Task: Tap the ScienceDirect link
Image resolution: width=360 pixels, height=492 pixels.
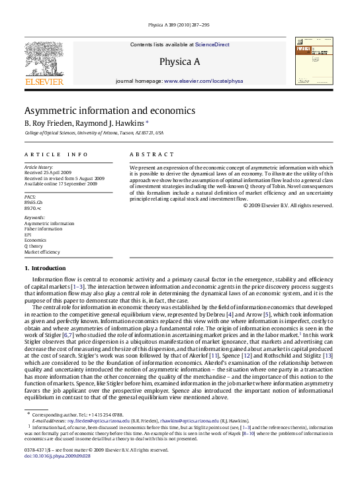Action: [212, 44]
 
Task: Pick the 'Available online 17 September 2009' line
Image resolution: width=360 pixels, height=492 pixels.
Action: [60, 183]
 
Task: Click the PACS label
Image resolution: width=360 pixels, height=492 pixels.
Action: [30, 197]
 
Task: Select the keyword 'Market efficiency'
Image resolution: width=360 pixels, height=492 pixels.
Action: [43, 252]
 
